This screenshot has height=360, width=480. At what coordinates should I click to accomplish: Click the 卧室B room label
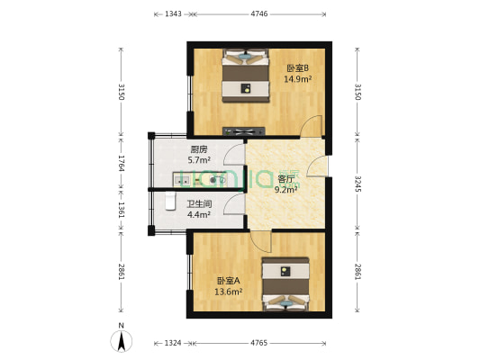point(297,68)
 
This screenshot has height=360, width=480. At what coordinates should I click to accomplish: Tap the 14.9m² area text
point(297,79)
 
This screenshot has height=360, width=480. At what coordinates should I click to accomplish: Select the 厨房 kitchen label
point(199,149)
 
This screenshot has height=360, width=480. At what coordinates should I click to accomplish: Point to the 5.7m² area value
point(199,160)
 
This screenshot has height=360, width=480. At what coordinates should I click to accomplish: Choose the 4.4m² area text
point(198,214)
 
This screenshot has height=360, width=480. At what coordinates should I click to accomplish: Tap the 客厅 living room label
point(286,178)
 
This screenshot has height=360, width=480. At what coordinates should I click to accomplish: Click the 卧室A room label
point(229,280)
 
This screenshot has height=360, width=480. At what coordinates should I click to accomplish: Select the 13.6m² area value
point(229,291)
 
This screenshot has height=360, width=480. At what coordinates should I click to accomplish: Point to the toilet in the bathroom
point(169,203)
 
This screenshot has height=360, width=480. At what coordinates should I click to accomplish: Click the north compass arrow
point(122,340)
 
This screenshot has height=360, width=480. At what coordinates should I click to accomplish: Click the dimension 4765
point(259,342)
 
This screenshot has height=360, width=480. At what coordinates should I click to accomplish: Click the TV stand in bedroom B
point(246,125)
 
